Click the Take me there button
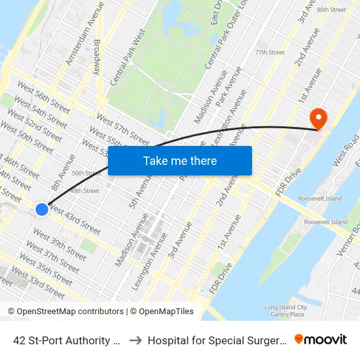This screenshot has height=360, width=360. [x=180, y=160]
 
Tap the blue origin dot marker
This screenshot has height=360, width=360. [x=41, y=209]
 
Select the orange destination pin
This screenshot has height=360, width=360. [x=319, y=118]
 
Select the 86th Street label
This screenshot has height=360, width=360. [x=331, y=10]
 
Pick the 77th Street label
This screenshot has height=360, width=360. [x=270, y=52]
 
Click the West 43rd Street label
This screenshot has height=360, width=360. [x=75, y=221]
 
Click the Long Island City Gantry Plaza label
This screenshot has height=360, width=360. [x=285, y=311]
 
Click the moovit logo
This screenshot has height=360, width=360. [x=320, y=339]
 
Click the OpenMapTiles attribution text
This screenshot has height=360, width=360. [x=162, y=312]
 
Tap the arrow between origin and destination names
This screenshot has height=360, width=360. [x=134, y=340]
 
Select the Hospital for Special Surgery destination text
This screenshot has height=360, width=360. [x=216, y=340]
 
